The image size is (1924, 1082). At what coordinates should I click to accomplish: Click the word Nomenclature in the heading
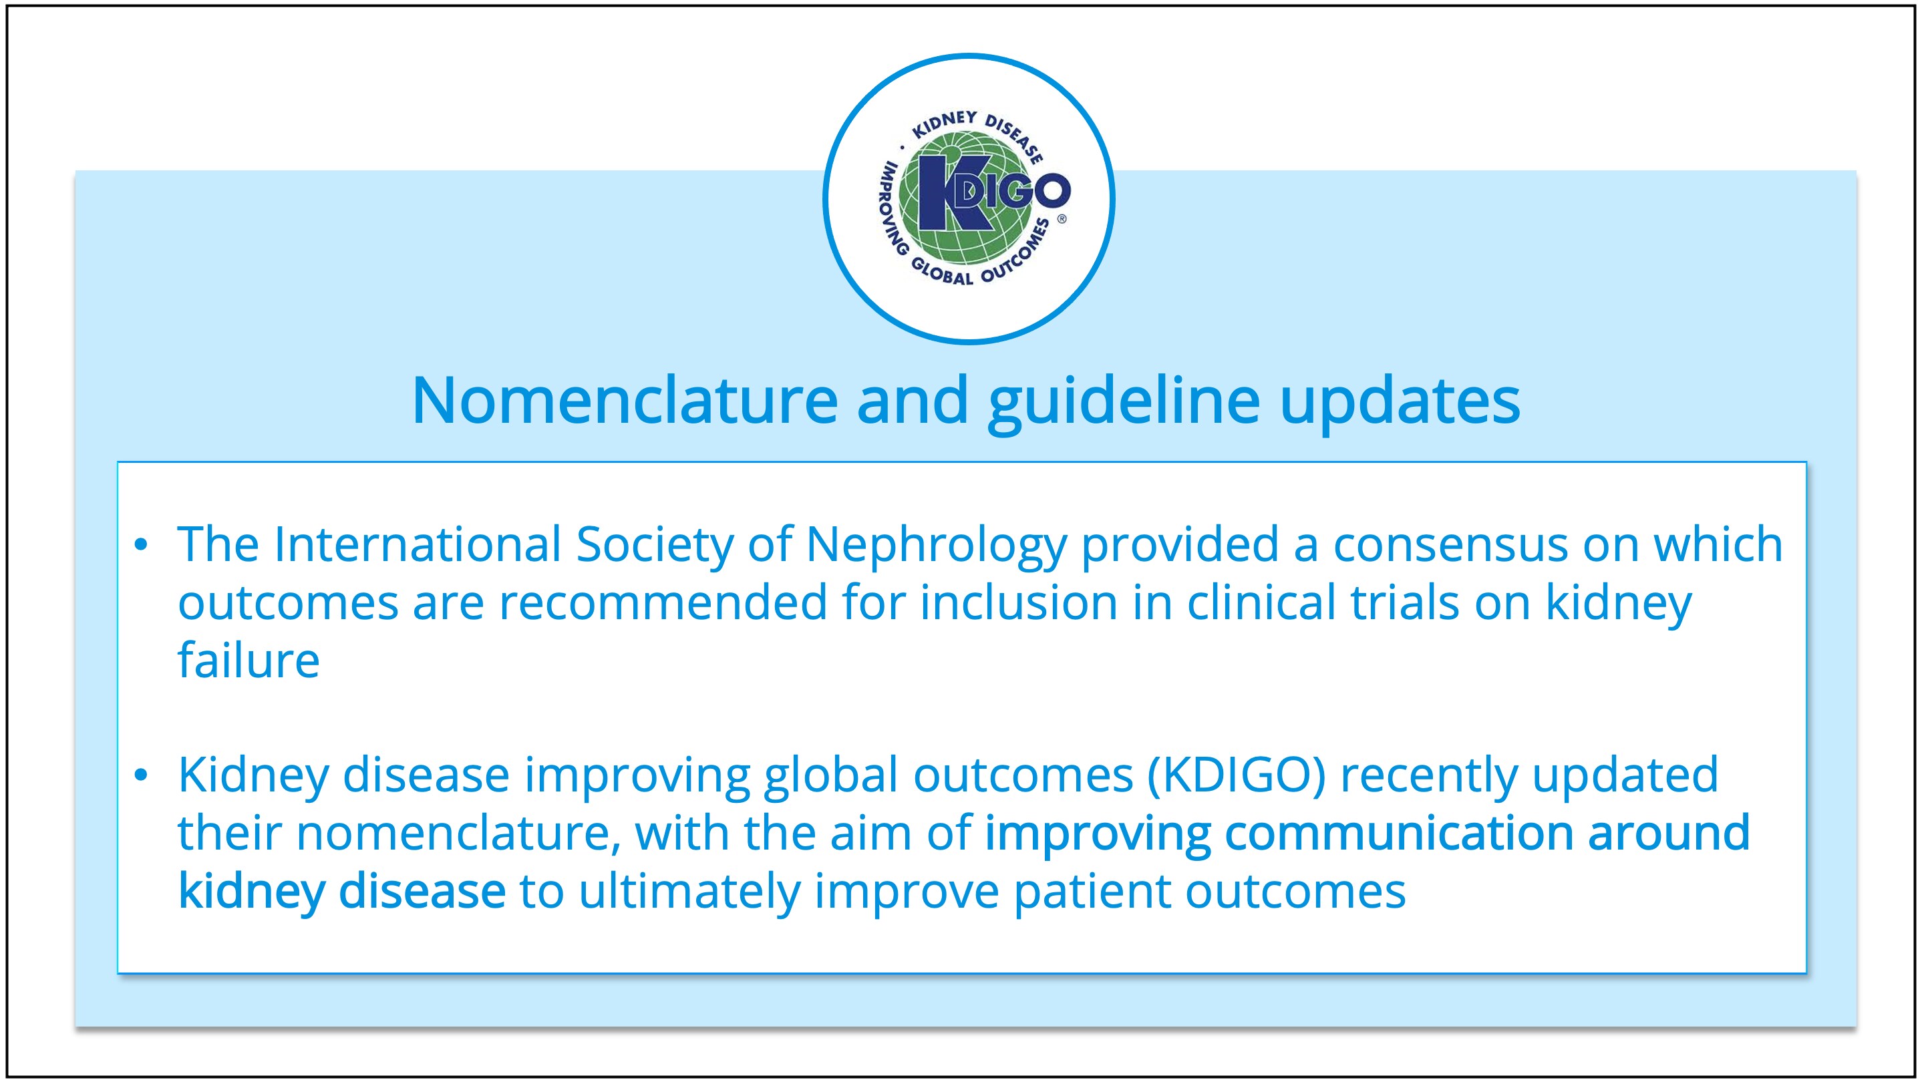click(625, 400)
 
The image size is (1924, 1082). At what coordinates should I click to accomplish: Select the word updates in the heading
click(1400, 403)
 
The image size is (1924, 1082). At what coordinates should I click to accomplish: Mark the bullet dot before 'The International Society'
click(141, 545)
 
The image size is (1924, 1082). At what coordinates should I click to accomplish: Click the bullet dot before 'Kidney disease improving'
click(141, 776)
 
